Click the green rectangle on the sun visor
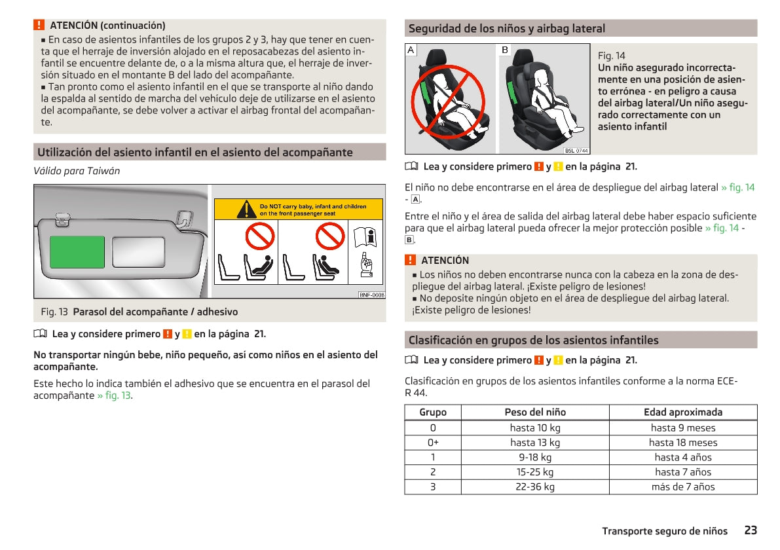point(77,251)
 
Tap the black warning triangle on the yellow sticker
point(246,210)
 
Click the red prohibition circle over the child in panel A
point(448,101)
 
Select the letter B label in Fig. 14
point(505,50)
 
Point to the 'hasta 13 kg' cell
point(535,443)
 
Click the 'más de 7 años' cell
point(683,487)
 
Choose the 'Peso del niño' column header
point(535,412)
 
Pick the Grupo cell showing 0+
point(433,443)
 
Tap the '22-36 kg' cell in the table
point(535,487)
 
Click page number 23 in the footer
point(750,530)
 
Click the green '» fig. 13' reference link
point(114,395)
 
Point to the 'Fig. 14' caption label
point(612,56)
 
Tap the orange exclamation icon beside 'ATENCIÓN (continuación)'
point(39,25)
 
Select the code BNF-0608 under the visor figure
point(371,295)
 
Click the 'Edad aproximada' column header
point(683,412)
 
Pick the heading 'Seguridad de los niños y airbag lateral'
point(507,28)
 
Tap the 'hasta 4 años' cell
point(683,458)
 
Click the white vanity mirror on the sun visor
point(138,252)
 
